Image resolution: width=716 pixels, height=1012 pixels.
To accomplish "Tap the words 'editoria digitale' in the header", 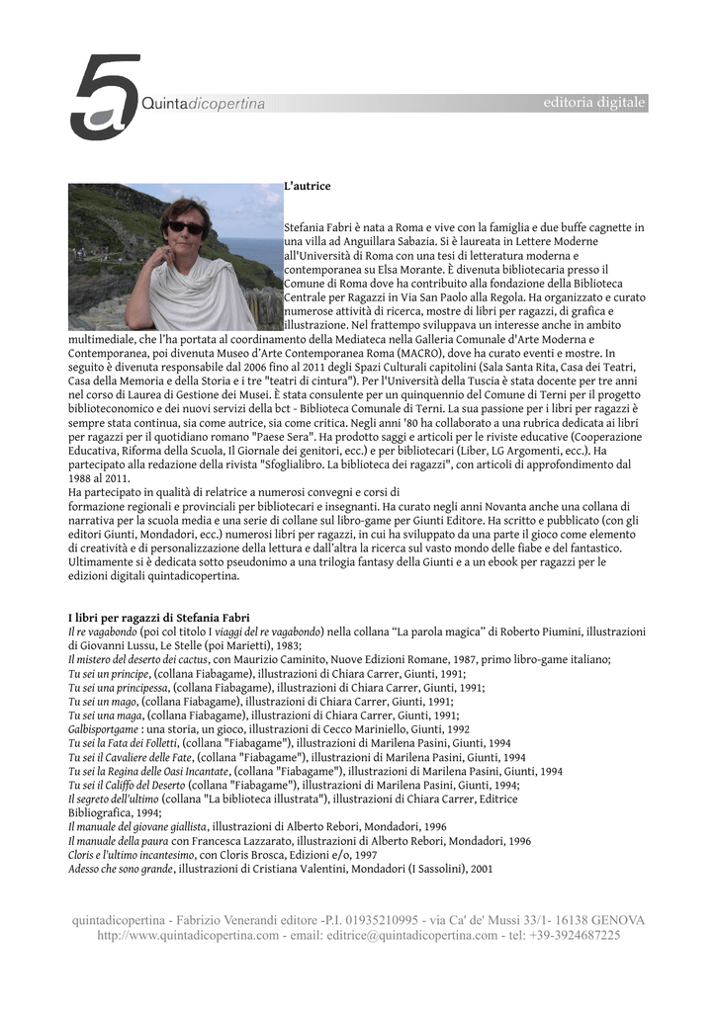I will [x=594, y=103].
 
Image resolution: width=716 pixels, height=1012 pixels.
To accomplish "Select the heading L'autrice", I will [x=307, y=186].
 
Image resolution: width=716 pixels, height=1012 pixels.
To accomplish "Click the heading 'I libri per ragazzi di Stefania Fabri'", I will [x=157, y=618].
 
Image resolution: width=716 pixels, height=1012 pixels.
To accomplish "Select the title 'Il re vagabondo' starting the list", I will [x=102, y=632].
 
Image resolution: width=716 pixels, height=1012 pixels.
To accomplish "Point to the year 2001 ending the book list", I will [x=482, y=869].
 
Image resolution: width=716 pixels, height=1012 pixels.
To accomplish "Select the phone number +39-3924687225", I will [x=575, y=935].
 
